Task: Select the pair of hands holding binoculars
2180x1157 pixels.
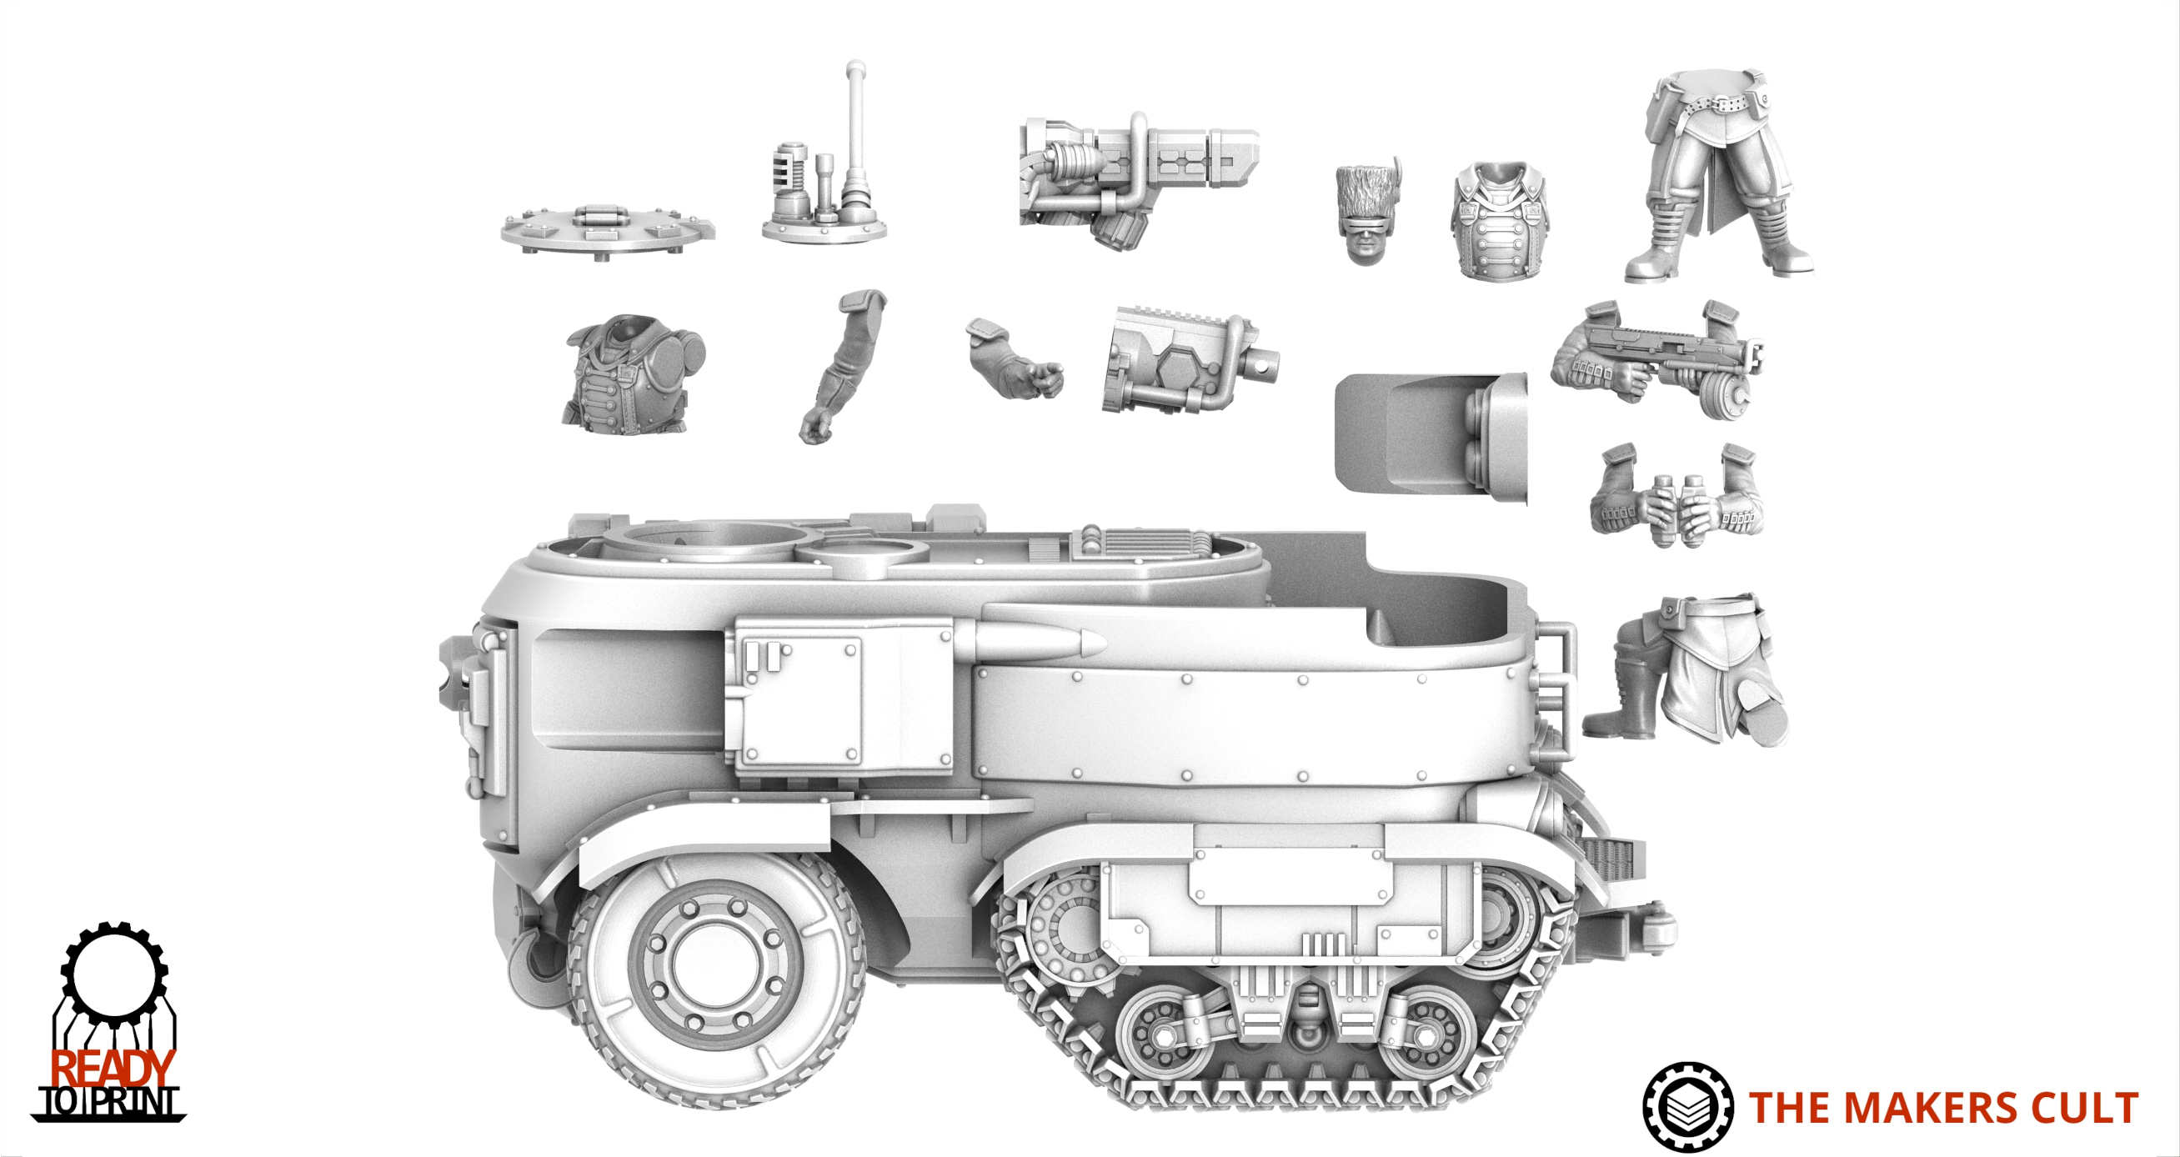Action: pyautogui.click(x=1678, y=496)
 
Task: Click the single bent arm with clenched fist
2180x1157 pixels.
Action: pyautogui.click(x=839, y=366)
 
